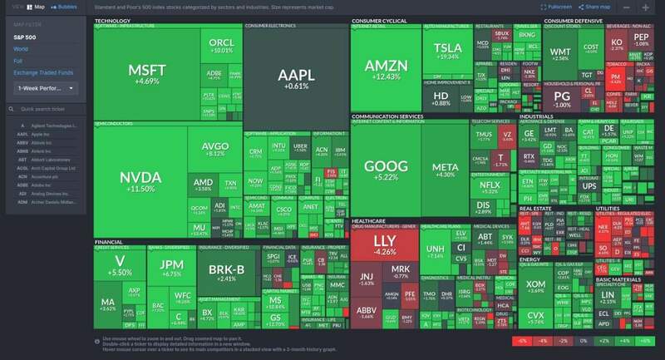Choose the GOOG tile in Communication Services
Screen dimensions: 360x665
tap(386, 170)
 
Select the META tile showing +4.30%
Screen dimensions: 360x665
tap(446, 170)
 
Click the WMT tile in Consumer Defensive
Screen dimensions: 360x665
tap(560, 55)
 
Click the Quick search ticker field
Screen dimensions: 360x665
tap(49, 109)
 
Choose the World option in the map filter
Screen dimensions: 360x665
tap(20, 49)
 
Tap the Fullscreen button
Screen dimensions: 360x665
tap(553, 7)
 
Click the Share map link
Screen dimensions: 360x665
tap(596, 7)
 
